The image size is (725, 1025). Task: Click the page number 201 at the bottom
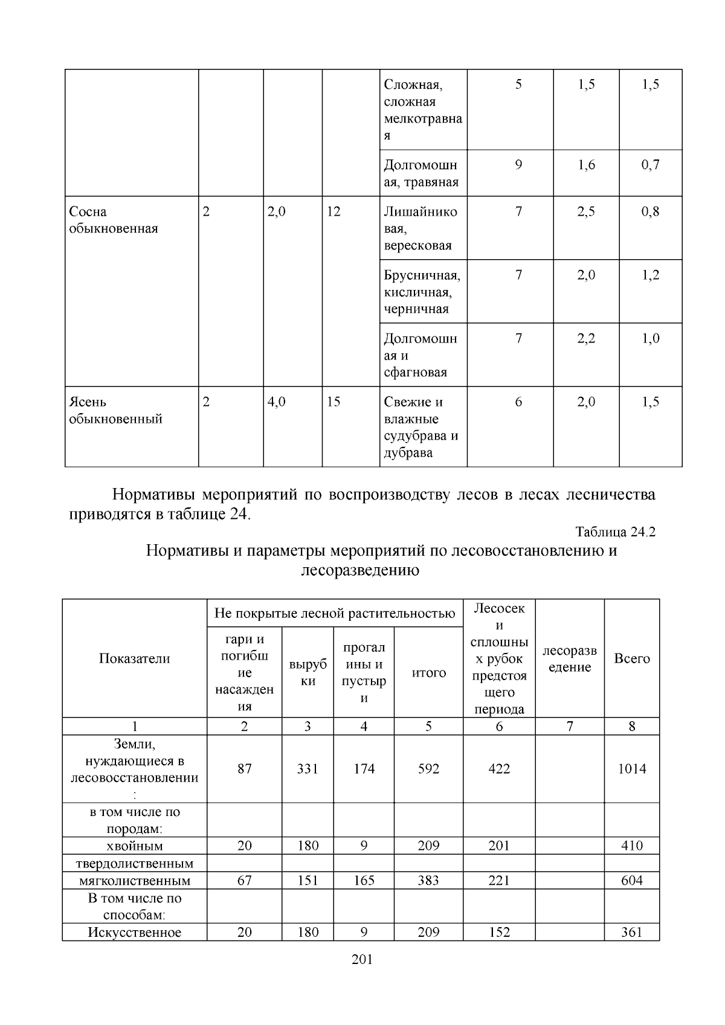click(x=362, y=959)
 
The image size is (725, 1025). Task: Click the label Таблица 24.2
click(x=615, y=532)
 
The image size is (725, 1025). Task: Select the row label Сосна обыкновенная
click(x=113, y=220)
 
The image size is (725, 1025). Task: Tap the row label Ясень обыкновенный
click(x=115, y=410)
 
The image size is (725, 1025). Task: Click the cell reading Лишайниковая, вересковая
click(x=420, y=228)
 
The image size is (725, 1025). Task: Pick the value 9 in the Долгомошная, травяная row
click(x=518, y=165)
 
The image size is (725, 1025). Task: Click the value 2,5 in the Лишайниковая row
click(x=586, y=211)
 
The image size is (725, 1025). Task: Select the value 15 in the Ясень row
click(x=333, y=402)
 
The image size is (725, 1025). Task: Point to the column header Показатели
click(x=134, y=658)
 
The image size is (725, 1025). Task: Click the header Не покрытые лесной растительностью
click(x=335, y=614)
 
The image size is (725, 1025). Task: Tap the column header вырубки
click(x=308, y=672)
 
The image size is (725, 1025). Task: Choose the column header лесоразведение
click(x=569, y=658)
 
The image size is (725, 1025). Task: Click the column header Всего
click(x=631, y=658)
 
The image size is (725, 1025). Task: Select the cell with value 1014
click(x=631, y=768)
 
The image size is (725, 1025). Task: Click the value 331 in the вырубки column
click(x=308, y=768)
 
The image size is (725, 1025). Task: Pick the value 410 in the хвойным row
click(x=631, y=846)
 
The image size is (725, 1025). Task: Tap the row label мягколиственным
click(x=134, y=881)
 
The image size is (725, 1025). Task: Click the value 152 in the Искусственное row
click(x=499, y=932)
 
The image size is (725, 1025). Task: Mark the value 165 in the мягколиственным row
click(x=364, y=881)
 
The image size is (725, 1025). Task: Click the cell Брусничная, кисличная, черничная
click(x=422, y=292)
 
